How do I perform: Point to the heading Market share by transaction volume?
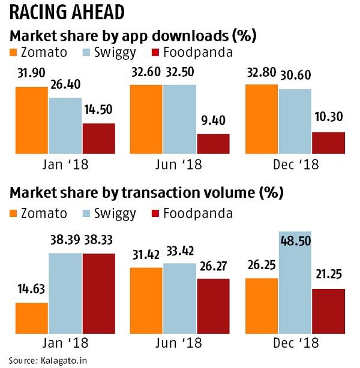tap(145, 193)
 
